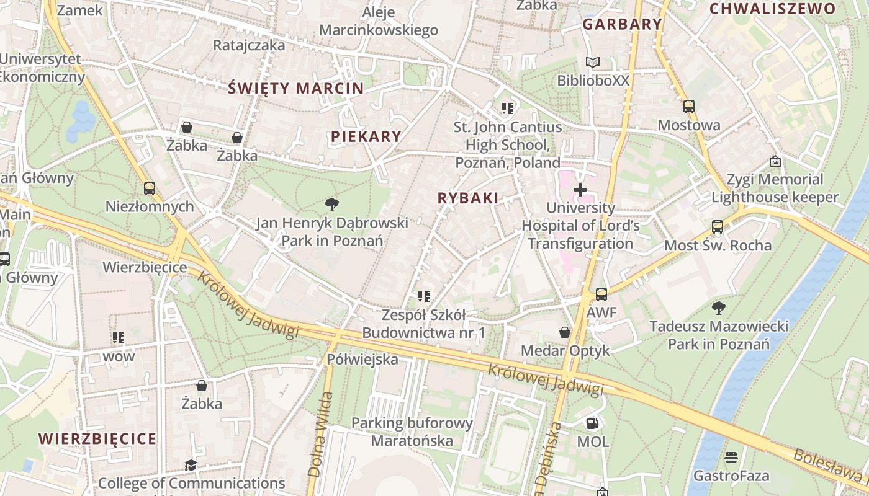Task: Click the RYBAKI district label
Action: [x=468, y=198]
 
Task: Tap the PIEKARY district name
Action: [x=366, y=136]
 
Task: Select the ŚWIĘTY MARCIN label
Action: [x=295, y=88]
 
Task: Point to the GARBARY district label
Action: [x=622, y=24]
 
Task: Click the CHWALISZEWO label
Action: [x=773, y=9]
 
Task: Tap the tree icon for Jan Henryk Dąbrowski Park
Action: [x=332, y=204]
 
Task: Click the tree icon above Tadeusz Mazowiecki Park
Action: [x=719, y=307]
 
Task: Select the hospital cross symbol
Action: [x=580, y=189]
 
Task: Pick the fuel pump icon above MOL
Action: [x=593, y=423]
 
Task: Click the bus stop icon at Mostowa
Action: [x=689, y=106]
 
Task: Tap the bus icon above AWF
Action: [x=601, y=294]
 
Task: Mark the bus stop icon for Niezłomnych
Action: [x=149, y=188]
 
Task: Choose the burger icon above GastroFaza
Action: [x=731, y=458]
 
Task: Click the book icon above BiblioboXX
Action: [x=593, y=62]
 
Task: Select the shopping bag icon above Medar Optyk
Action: [x=565, y=332]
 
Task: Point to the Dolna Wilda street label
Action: [x=318, y=434]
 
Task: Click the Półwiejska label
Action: [x=362, y=359]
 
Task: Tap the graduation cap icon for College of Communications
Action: [x=191, y=465]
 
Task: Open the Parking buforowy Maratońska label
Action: [x=412, y=432]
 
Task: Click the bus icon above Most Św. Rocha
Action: [x=718, y=226]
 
